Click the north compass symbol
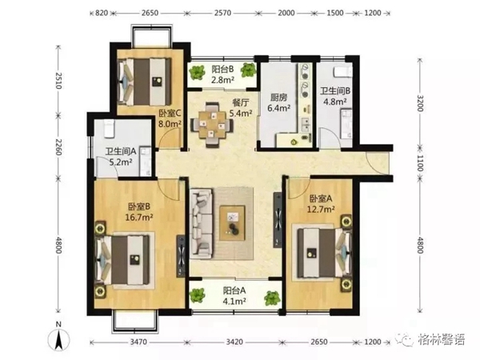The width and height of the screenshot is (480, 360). click(58, 339)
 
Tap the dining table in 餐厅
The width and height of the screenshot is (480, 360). click(212, 125)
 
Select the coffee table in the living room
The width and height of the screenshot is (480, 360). click(232, 222)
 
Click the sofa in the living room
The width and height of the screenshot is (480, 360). click(201, 222)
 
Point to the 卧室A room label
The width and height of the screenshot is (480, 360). click(321, 198)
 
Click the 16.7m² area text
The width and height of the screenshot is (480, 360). click(139, 217)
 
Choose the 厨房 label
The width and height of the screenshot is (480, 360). click(278, 98)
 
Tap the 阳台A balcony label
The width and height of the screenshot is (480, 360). click(234, 290)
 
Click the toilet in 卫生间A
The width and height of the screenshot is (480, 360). click(110, 129)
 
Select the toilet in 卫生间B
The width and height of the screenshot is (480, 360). click(342, 72)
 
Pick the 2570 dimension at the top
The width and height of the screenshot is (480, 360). click(222, 13)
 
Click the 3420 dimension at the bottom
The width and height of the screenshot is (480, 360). click(234, 342)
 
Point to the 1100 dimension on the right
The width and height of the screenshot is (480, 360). click(420, 163)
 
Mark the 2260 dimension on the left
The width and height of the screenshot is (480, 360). click(58, 147)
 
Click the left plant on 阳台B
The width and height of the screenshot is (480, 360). click(197, 72)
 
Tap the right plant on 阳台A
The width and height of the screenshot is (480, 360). click(272, 298)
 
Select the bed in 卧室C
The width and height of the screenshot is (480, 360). click(144, 81)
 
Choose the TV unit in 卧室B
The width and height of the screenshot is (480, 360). click(181, 256)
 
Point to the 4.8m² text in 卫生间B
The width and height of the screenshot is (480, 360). click(335, 102)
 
